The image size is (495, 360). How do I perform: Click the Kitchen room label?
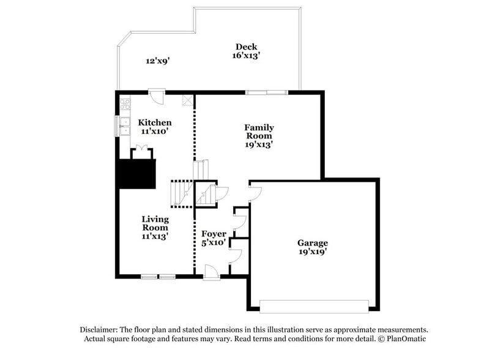[x=154, y=122]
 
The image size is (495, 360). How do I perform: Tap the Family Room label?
[x=259, y=132]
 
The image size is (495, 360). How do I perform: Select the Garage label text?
[x=313, y=242]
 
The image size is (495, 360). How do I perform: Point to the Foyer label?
[x=214, y=234]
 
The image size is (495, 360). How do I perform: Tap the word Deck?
[x=247, y=47]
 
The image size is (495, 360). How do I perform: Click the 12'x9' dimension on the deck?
[x=157, y=61]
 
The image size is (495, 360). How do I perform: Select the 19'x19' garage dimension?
[x=313, y=251]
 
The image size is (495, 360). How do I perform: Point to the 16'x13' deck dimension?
[x=247, y=56]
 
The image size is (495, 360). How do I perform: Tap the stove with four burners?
[x=125, y=103]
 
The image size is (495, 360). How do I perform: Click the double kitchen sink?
[x=125, y=126]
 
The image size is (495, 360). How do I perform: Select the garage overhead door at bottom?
[x=314, y=306]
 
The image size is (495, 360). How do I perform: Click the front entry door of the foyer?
[x=212, y=273]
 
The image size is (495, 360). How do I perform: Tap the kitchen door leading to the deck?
[x=157, y=96]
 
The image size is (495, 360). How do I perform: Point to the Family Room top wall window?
[x=267, y=92]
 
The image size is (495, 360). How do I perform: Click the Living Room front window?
[x=158, y=277]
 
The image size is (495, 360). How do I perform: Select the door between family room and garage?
[x=256, y=193]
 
